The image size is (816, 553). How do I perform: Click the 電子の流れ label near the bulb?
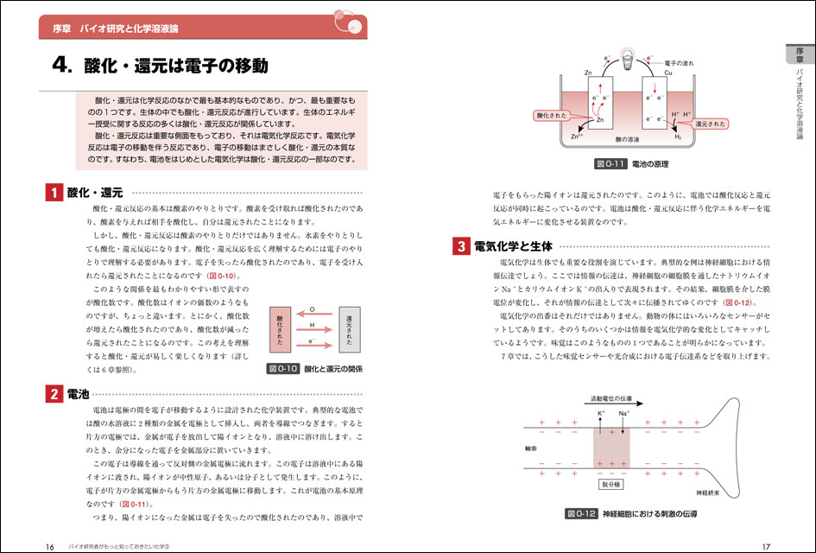click(x=682, y=65)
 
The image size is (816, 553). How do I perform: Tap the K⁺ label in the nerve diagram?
click(x=602, y=415)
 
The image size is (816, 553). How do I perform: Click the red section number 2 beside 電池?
click(x=54, y=395)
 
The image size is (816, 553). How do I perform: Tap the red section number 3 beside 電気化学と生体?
click(x=461, y=247)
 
